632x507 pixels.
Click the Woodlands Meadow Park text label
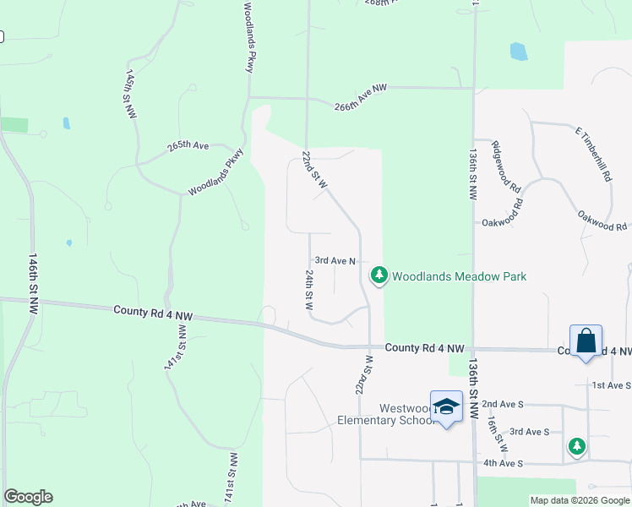click(459, 276)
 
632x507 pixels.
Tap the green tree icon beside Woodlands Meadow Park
click(379, 275)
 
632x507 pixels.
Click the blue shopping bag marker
click(586, 341)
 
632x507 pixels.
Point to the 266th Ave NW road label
click(360, 98)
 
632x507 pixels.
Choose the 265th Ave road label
click(188, 145)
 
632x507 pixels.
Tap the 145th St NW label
click(131, 95)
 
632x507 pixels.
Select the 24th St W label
click(309, 289)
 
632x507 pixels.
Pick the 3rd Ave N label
click(335, 262)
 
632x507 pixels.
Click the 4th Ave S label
click(504, 463)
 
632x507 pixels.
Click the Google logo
click(28, 497)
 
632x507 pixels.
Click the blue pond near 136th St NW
click(518, 52)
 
